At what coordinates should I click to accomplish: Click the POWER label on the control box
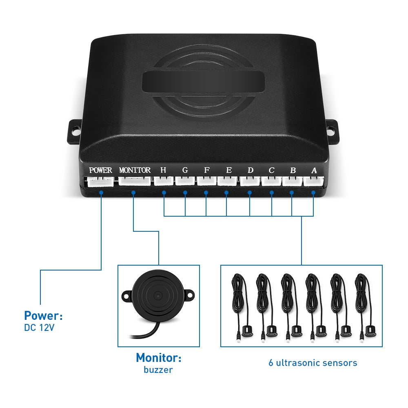tap(100, 170)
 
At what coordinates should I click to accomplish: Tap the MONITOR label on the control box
tap(135, 170)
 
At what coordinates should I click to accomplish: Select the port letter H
tap(163, 170)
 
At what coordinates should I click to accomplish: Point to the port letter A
tap(314, 170)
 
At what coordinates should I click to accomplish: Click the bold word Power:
tap(43, 315)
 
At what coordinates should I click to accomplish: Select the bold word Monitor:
tap(159, 358)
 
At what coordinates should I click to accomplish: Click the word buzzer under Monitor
tap(158, 370)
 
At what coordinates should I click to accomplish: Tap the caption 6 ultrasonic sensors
tap(313, 363)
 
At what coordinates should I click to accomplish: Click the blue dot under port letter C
tap(272, 192)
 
